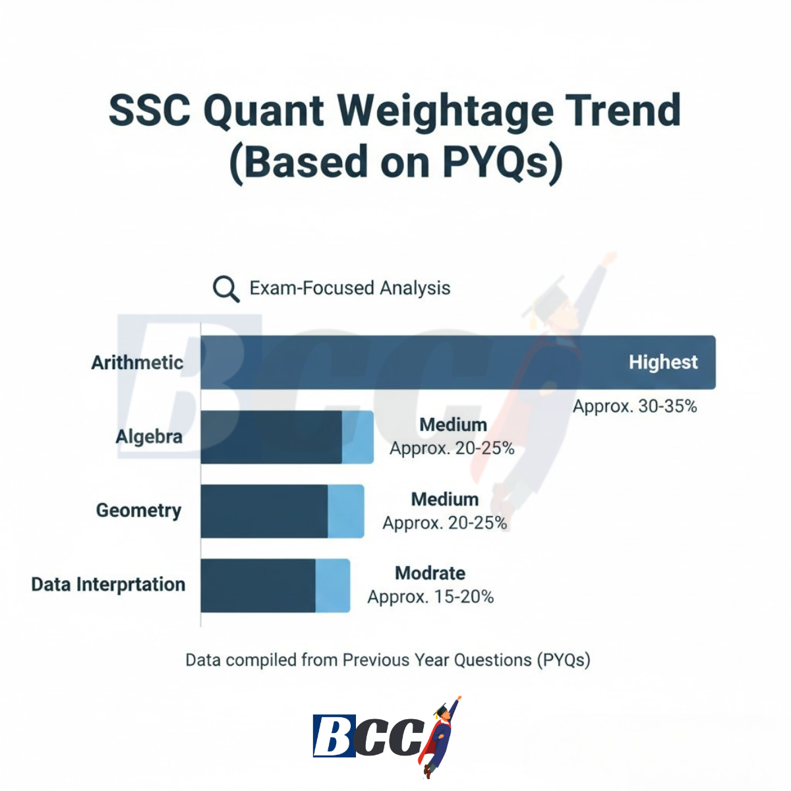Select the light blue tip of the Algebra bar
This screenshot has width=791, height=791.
(x=357, y=437)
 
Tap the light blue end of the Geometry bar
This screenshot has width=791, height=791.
(x=345, y=511)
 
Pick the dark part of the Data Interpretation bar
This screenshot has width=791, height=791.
(x=258, y=585)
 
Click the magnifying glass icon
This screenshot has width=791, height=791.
(x=225, y=289)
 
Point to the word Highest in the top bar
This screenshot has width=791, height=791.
(x=662, y=362)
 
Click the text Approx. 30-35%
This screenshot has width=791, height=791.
(x=634, y=406)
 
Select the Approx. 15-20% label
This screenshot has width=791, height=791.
(x=430, y=597)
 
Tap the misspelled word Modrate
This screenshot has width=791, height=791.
(x=430, y=573)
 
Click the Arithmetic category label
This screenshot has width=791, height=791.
(x=137, y=363)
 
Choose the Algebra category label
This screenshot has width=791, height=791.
(x=149, y=436)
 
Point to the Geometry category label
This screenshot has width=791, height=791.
(x=138, y=510)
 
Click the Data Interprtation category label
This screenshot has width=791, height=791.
(x=108, y=585)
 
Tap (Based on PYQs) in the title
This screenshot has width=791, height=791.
(x=395, y=162)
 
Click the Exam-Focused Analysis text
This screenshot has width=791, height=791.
(x=349, y=288)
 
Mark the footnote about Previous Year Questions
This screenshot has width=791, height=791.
(x=388, y=660)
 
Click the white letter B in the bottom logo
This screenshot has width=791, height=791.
(x=334, y=736)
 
